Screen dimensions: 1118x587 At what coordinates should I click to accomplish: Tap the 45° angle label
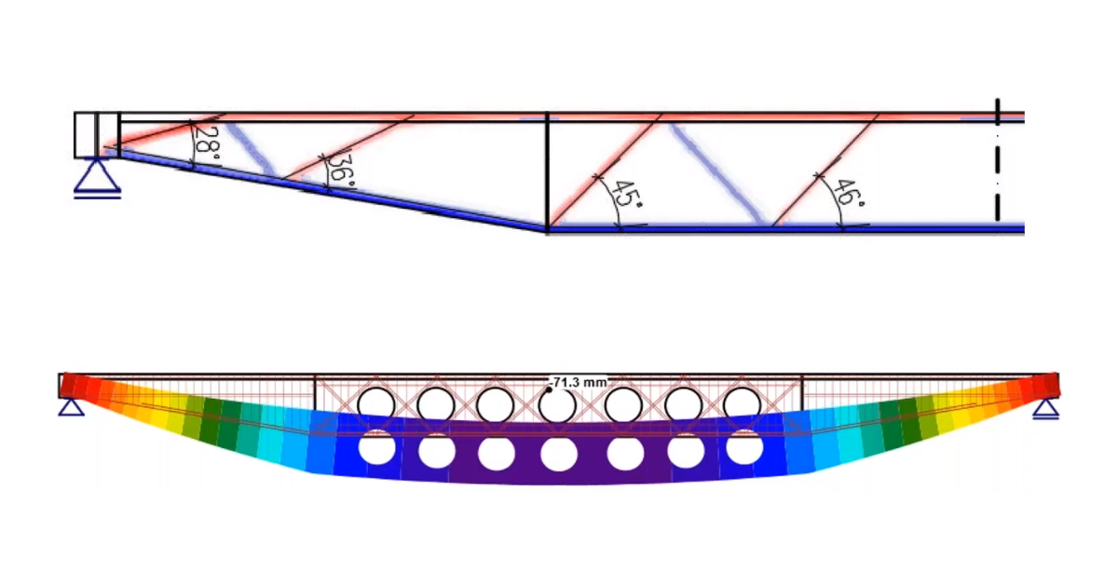coord(626,194)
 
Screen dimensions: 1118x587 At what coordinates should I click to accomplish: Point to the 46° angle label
coord(849,193)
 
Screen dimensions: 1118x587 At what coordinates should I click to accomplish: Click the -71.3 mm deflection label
coord(578,382)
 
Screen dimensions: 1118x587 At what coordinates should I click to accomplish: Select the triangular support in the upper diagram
coord(97,177)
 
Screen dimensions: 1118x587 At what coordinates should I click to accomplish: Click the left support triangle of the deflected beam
coord(72,407)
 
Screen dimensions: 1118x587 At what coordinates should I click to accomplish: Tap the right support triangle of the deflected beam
coord(1046,409)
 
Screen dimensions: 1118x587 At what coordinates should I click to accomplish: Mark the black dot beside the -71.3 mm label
coord(550,389)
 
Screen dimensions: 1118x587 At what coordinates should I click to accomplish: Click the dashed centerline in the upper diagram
coord(997,159)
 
